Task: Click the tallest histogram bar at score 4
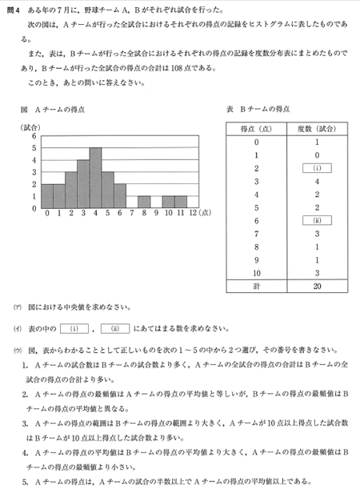(95, 178)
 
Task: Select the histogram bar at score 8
(143, 202)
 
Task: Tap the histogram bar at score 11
(180, 202)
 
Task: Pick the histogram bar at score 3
(83, 184)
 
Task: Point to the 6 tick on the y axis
(34, 136)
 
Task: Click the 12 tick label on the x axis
(193, 214)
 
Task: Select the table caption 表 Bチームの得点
(260, 109)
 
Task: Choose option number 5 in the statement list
(26, 482)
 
